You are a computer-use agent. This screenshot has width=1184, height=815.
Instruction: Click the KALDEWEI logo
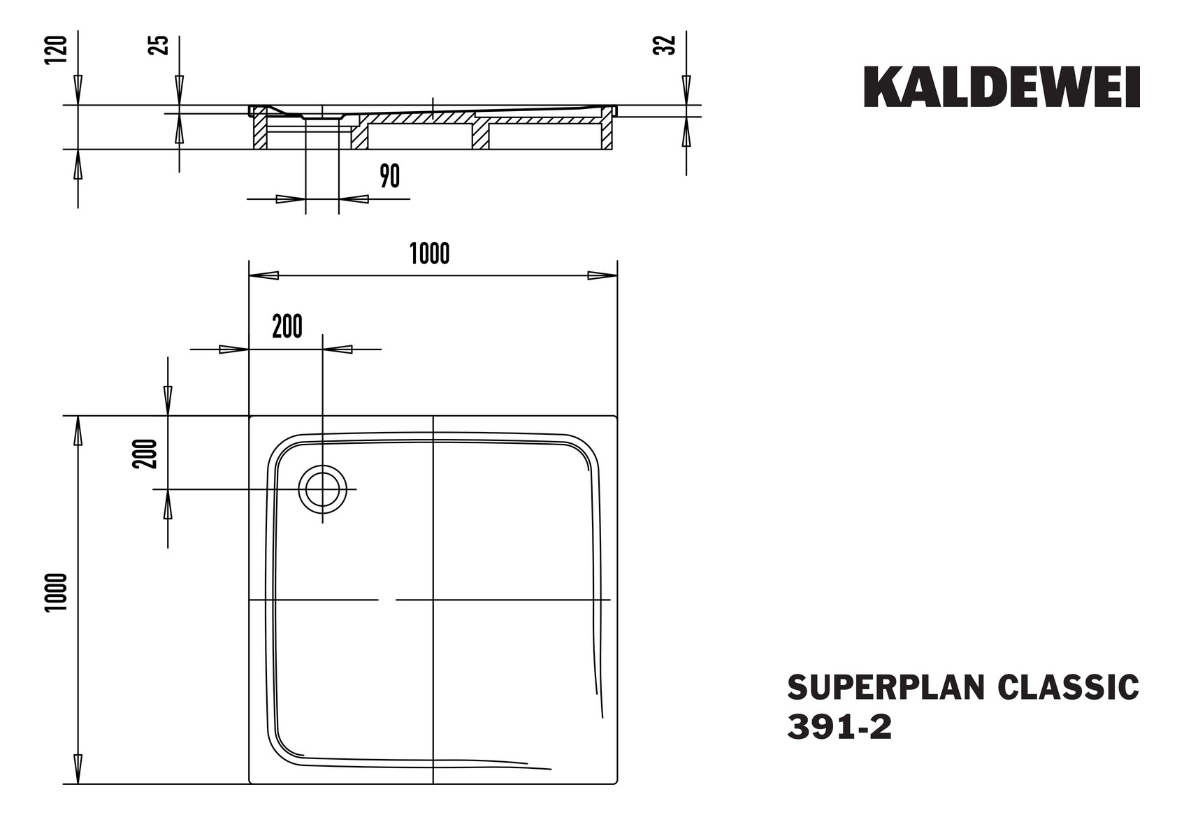pos(1001,87)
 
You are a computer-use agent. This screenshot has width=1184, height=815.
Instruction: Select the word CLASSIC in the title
pos(1067,687)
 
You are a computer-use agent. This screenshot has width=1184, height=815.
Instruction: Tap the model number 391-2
pos(839,728)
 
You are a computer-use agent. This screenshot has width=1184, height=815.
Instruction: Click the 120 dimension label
pos(57,50)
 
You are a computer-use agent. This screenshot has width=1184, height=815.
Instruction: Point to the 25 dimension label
pos(160,45)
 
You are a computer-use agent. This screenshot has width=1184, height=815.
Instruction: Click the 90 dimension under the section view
pos(389,176)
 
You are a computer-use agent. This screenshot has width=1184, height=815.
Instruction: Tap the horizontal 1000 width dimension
pos(429,254)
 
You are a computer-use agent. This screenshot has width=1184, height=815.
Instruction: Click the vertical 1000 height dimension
pos(57,592)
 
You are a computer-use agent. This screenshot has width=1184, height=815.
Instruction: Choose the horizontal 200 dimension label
pos(287,326)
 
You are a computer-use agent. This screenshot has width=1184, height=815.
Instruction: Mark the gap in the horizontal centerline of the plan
pos(387,600)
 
